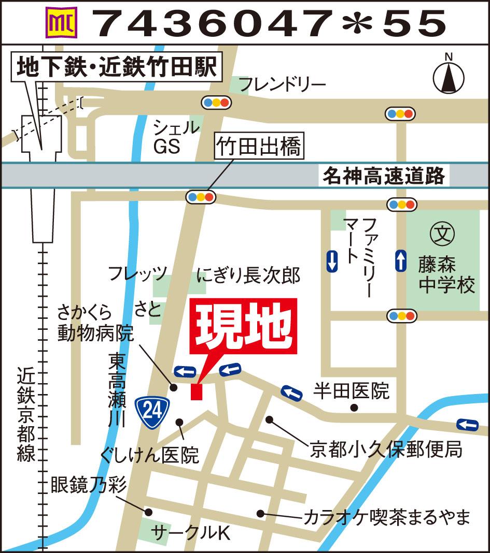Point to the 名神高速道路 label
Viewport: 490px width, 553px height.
(384, 177)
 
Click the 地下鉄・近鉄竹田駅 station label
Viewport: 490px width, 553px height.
(117, 68)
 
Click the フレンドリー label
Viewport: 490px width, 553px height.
(282, 84)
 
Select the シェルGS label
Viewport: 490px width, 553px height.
(175, 137)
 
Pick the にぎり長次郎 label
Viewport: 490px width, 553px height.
(249, 275)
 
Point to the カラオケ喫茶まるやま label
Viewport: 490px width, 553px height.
(386, 517)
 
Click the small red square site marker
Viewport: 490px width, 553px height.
(196, 392)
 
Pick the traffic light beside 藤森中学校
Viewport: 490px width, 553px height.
(402, 315)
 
